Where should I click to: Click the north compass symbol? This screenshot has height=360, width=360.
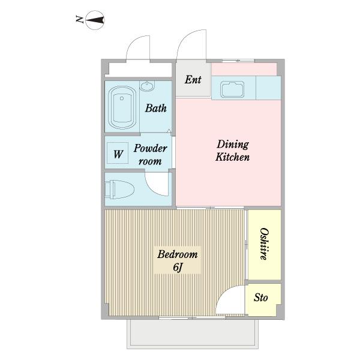(95, 20)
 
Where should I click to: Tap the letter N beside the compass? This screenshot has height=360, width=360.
(79, 19)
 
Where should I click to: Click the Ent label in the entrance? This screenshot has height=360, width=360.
(193, 80)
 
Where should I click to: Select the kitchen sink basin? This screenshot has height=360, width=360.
(232, 89)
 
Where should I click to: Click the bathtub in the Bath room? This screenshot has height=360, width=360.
(122, 107)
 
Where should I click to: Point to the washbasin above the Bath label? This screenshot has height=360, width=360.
(147, 86)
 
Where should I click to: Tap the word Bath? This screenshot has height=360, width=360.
(155, 108)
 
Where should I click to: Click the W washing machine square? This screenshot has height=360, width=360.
(118, 152)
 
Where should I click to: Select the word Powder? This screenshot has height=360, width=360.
(150, 148)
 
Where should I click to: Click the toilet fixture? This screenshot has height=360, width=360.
(119, 190)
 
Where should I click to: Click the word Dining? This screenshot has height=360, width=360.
(233, 145)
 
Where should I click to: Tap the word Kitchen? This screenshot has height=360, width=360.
(232, 157)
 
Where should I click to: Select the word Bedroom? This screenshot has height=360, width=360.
(177, 254)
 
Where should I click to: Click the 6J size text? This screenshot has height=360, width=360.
(178, 267)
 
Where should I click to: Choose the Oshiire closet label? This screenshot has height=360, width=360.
(264, 244)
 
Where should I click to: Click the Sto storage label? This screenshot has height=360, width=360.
(261, 298)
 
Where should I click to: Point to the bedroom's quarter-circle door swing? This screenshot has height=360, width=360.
(223, 293)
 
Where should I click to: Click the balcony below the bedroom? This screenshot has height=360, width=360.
(193, 334)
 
